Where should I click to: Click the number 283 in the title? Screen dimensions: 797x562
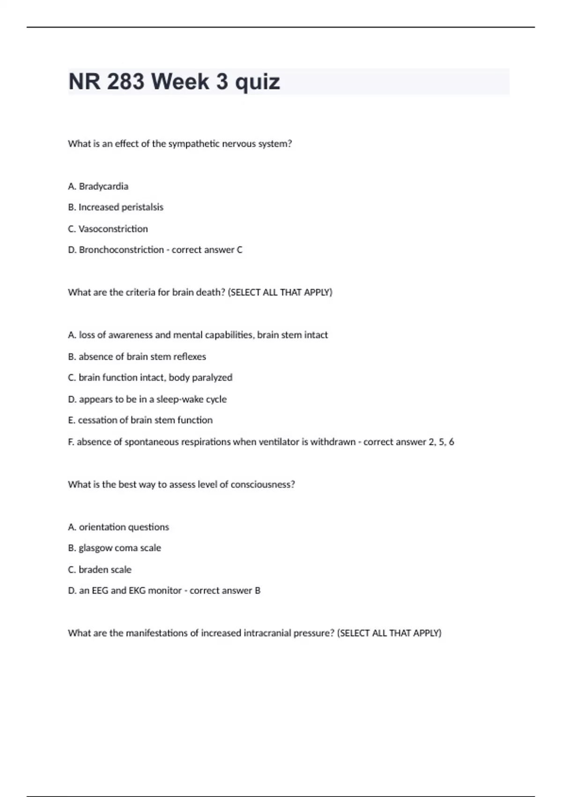126,82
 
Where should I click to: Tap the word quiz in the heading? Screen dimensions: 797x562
257,83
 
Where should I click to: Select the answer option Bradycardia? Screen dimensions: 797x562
104,186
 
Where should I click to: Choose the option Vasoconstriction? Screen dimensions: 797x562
113,229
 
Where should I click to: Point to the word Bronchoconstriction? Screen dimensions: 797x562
121,250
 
